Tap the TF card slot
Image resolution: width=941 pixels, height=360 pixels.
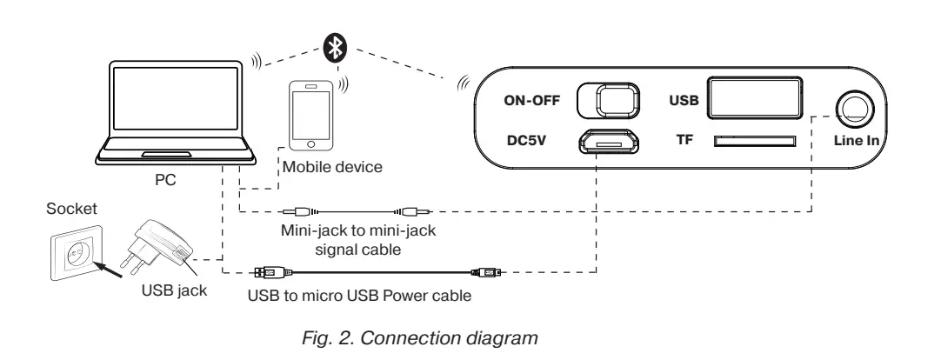753,141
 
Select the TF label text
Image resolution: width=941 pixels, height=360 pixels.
684,140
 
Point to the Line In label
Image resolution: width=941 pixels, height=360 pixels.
857,140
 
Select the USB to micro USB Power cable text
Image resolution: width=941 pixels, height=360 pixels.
358,295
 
